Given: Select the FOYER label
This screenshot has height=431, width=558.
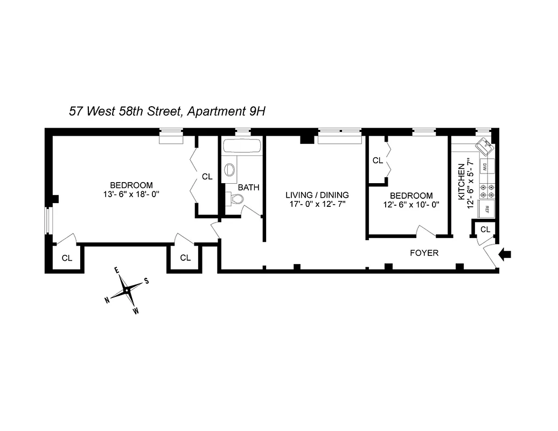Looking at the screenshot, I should click(x=424, y=253).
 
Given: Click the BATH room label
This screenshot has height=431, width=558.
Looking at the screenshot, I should click(x=248, y=187).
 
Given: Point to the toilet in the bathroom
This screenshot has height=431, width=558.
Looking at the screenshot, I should click(x=235, y=199).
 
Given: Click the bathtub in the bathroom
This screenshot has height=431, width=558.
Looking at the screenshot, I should click(x=242, y=146).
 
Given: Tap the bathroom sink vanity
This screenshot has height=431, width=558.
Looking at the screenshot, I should click(x=230, y=170).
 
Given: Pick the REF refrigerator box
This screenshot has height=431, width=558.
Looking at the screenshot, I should click(x=486, y=210).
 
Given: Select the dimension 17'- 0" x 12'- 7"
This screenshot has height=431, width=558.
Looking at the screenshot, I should click(x=317, y=205).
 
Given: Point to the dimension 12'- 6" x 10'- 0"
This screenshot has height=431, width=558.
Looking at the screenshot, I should click(x=411, y=205).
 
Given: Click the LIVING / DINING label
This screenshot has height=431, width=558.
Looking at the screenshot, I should click(x=317, y=195).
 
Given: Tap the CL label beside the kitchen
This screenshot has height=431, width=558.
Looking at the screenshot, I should click(x=485, y=230).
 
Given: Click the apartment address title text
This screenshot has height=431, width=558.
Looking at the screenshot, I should click(x=168, y=112).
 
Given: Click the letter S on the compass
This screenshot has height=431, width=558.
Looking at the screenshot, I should click(x=146, y=281).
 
